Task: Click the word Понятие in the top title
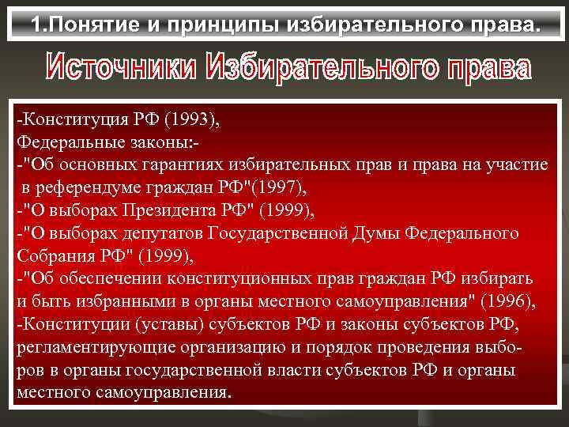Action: (x=110, y=26)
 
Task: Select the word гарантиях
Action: (x=184, y=165)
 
